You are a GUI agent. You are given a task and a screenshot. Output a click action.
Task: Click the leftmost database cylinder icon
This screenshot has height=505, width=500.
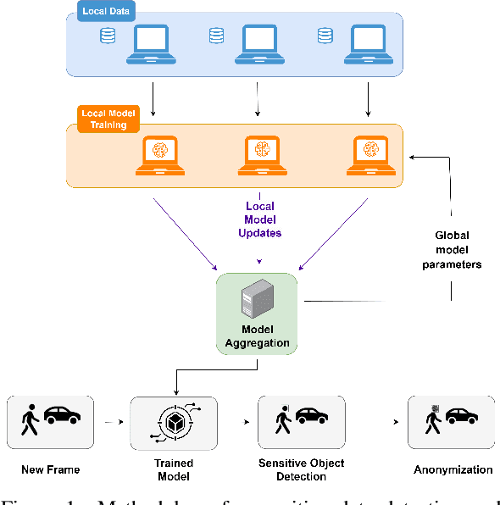click(107, 36)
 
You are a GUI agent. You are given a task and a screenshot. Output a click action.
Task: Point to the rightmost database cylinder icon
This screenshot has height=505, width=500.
click(324, 36)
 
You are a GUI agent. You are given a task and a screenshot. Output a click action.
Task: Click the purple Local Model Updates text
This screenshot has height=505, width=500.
click(259, 219)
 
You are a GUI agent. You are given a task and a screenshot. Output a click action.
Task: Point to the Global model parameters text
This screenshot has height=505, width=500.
click(453, 250)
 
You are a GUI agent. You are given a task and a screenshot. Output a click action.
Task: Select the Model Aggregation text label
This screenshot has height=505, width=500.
click(257, 337)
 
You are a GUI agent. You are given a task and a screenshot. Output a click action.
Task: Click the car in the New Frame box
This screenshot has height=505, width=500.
click(62, 416)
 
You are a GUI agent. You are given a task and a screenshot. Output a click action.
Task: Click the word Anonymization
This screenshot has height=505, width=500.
click(453, 469)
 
